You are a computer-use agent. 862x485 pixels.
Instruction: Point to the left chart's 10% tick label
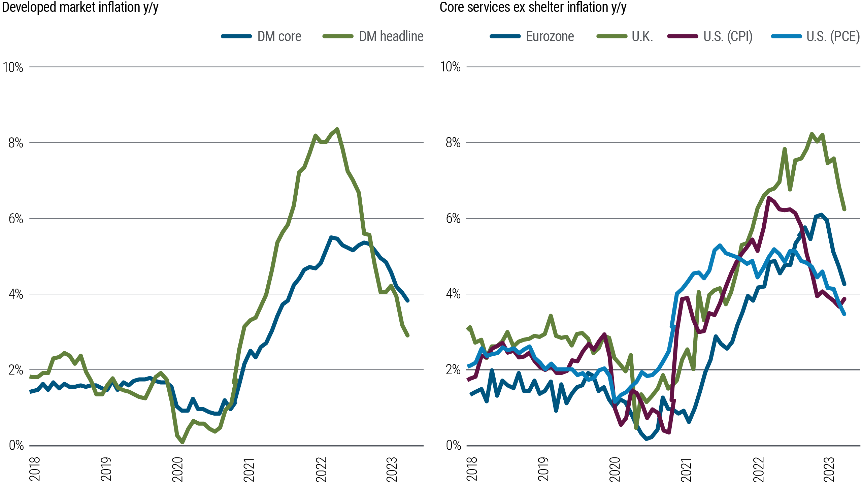pos(13,67)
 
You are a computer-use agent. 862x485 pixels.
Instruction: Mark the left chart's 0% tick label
pos(16,445)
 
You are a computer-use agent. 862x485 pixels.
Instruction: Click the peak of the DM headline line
pos(337,129)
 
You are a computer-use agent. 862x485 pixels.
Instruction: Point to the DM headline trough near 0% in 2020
pos(182,442)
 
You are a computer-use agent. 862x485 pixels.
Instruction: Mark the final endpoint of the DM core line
pos(408,301)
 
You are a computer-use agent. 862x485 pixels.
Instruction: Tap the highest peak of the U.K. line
pos(811,133)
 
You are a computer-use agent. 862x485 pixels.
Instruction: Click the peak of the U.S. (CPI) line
pos(768,198)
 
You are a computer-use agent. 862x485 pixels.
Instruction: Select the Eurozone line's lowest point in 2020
pos(646,439)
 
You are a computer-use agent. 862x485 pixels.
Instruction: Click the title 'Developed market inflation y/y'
pos(80,7)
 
